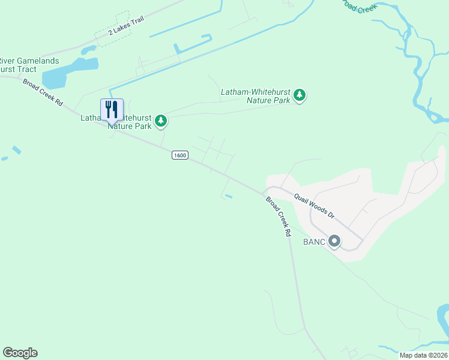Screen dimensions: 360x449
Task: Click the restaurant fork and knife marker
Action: click(x=111, y=110)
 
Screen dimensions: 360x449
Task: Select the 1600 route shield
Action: click(x=179, y=155)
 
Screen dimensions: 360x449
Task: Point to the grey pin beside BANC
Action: click(x=335, y=241)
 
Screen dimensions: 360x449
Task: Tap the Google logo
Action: click(x=20, y=353)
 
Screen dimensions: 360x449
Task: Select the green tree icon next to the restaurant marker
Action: click(x=160, y=121)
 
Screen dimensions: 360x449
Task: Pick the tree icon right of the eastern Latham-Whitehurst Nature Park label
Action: click(x=300, y=95)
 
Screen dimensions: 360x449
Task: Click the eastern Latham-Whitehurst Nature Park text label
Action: click(x=255, y=96)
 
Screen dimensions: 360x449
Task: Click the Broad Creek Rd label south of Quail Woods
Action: click(x=279, y=217)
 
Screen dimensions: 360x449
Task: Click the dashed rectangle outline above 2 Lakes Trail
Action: click(x=112, y=24)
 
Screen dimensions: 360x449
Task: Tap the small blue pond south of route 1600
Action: click(x=228, y=196)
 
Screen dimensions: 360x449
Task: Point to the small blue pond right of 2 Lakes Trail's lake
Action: click(x=88, y=49)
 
